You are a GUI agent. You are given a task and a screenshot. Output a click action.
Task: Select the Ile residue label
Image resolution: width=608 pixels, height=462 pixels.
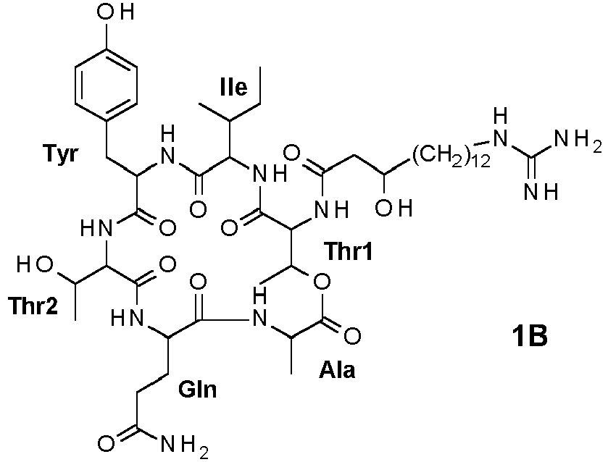tap(233, 87)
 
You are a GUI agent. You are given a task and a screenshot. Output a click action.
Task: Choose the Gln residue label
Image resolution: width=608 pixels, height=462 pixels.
tap(197, 389)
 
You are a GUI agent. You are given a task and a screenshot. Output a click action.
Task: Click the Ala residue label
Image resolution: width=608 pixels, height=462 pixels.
tap(337, 369)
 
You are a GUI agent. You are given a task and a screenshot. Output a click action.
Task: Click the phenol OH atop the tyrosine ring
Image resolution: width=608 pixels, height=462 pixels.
tap(115, 12)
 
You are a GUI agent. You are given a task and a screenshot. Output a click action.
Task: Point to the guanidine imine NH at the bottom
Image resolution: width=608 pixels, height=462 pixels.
tap(541, 191)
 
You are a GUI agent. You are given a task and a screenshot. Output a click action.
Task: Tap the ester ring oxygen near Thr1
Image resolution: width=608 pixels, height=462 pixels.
tap(322, 282)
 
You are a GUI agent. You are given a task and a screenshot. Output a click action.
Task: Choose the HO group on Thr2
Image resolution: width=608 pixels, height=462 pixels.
tap(35, 265)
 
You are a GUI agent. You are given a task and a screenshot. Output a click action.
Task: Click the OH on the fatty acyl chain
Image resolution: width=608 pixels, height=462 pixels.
tap(393, 209)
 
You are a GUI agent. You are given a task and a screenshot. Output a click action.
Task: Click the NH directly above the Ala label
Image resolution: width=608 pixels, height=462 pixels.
tap(259, 309)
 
